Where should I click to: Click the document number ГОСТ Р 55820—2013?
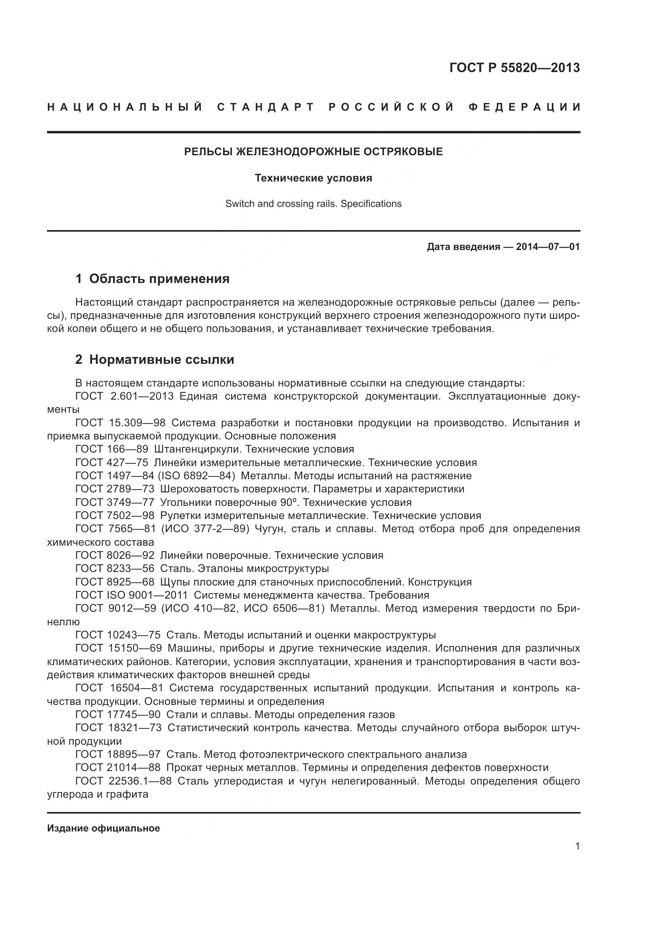click(514, 68)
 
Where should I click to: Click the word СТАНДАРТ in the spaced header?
click(266, 107)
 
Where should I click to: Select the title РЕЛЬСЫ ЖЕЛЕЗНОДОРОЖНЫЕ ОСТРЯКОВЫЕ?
click(313, 152)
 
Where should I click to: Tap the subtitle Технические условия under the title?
click(313, 178)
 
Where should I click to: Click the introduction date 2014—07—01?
click(547, 246)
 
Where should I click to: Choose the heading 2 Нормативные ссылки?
click(155, 359)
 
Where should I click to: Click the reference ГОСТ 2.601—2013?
click(124, 396)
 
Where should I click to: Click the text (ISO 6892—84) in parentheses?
click(196, 475)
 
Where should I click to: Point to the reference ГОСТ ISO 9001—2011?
click(131, 595)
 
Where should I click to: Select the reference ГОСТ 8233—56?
click(115, 568)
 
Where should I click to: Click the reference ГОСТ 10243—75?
click(118, 634)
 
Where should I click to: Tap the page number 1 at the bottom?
click(577, 857)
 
